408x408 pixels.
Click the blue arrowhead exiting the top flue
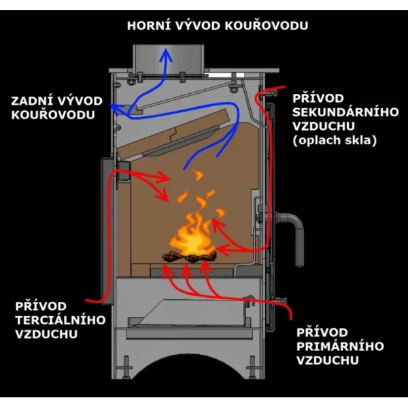point(164,52)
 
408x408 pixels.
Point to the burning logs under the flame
point(188,257)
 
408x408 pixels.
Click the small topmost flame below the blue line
point(199,175)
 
